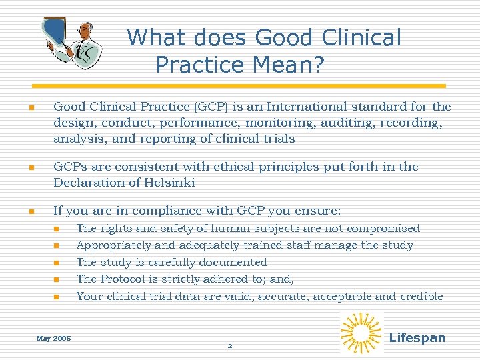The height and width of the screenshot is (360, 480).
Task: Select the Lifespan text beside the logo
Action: [x=417, y=337]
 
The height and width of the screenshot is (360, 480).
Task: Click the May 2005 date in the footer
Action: [x=53, y=339]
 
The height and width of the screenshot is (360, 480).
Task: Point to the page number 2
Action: [x=230, y=346]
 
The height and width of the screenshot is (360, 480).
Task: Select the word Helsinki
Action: [x=170, y=183]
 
